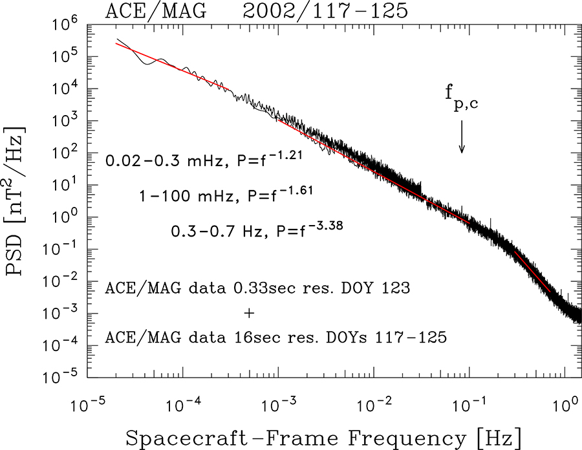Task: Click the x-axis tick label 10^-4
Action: click(182, 406)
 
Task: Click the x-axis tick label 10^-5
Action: click(87, 406)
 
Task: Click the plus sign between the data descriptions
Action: click(249, 313)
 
